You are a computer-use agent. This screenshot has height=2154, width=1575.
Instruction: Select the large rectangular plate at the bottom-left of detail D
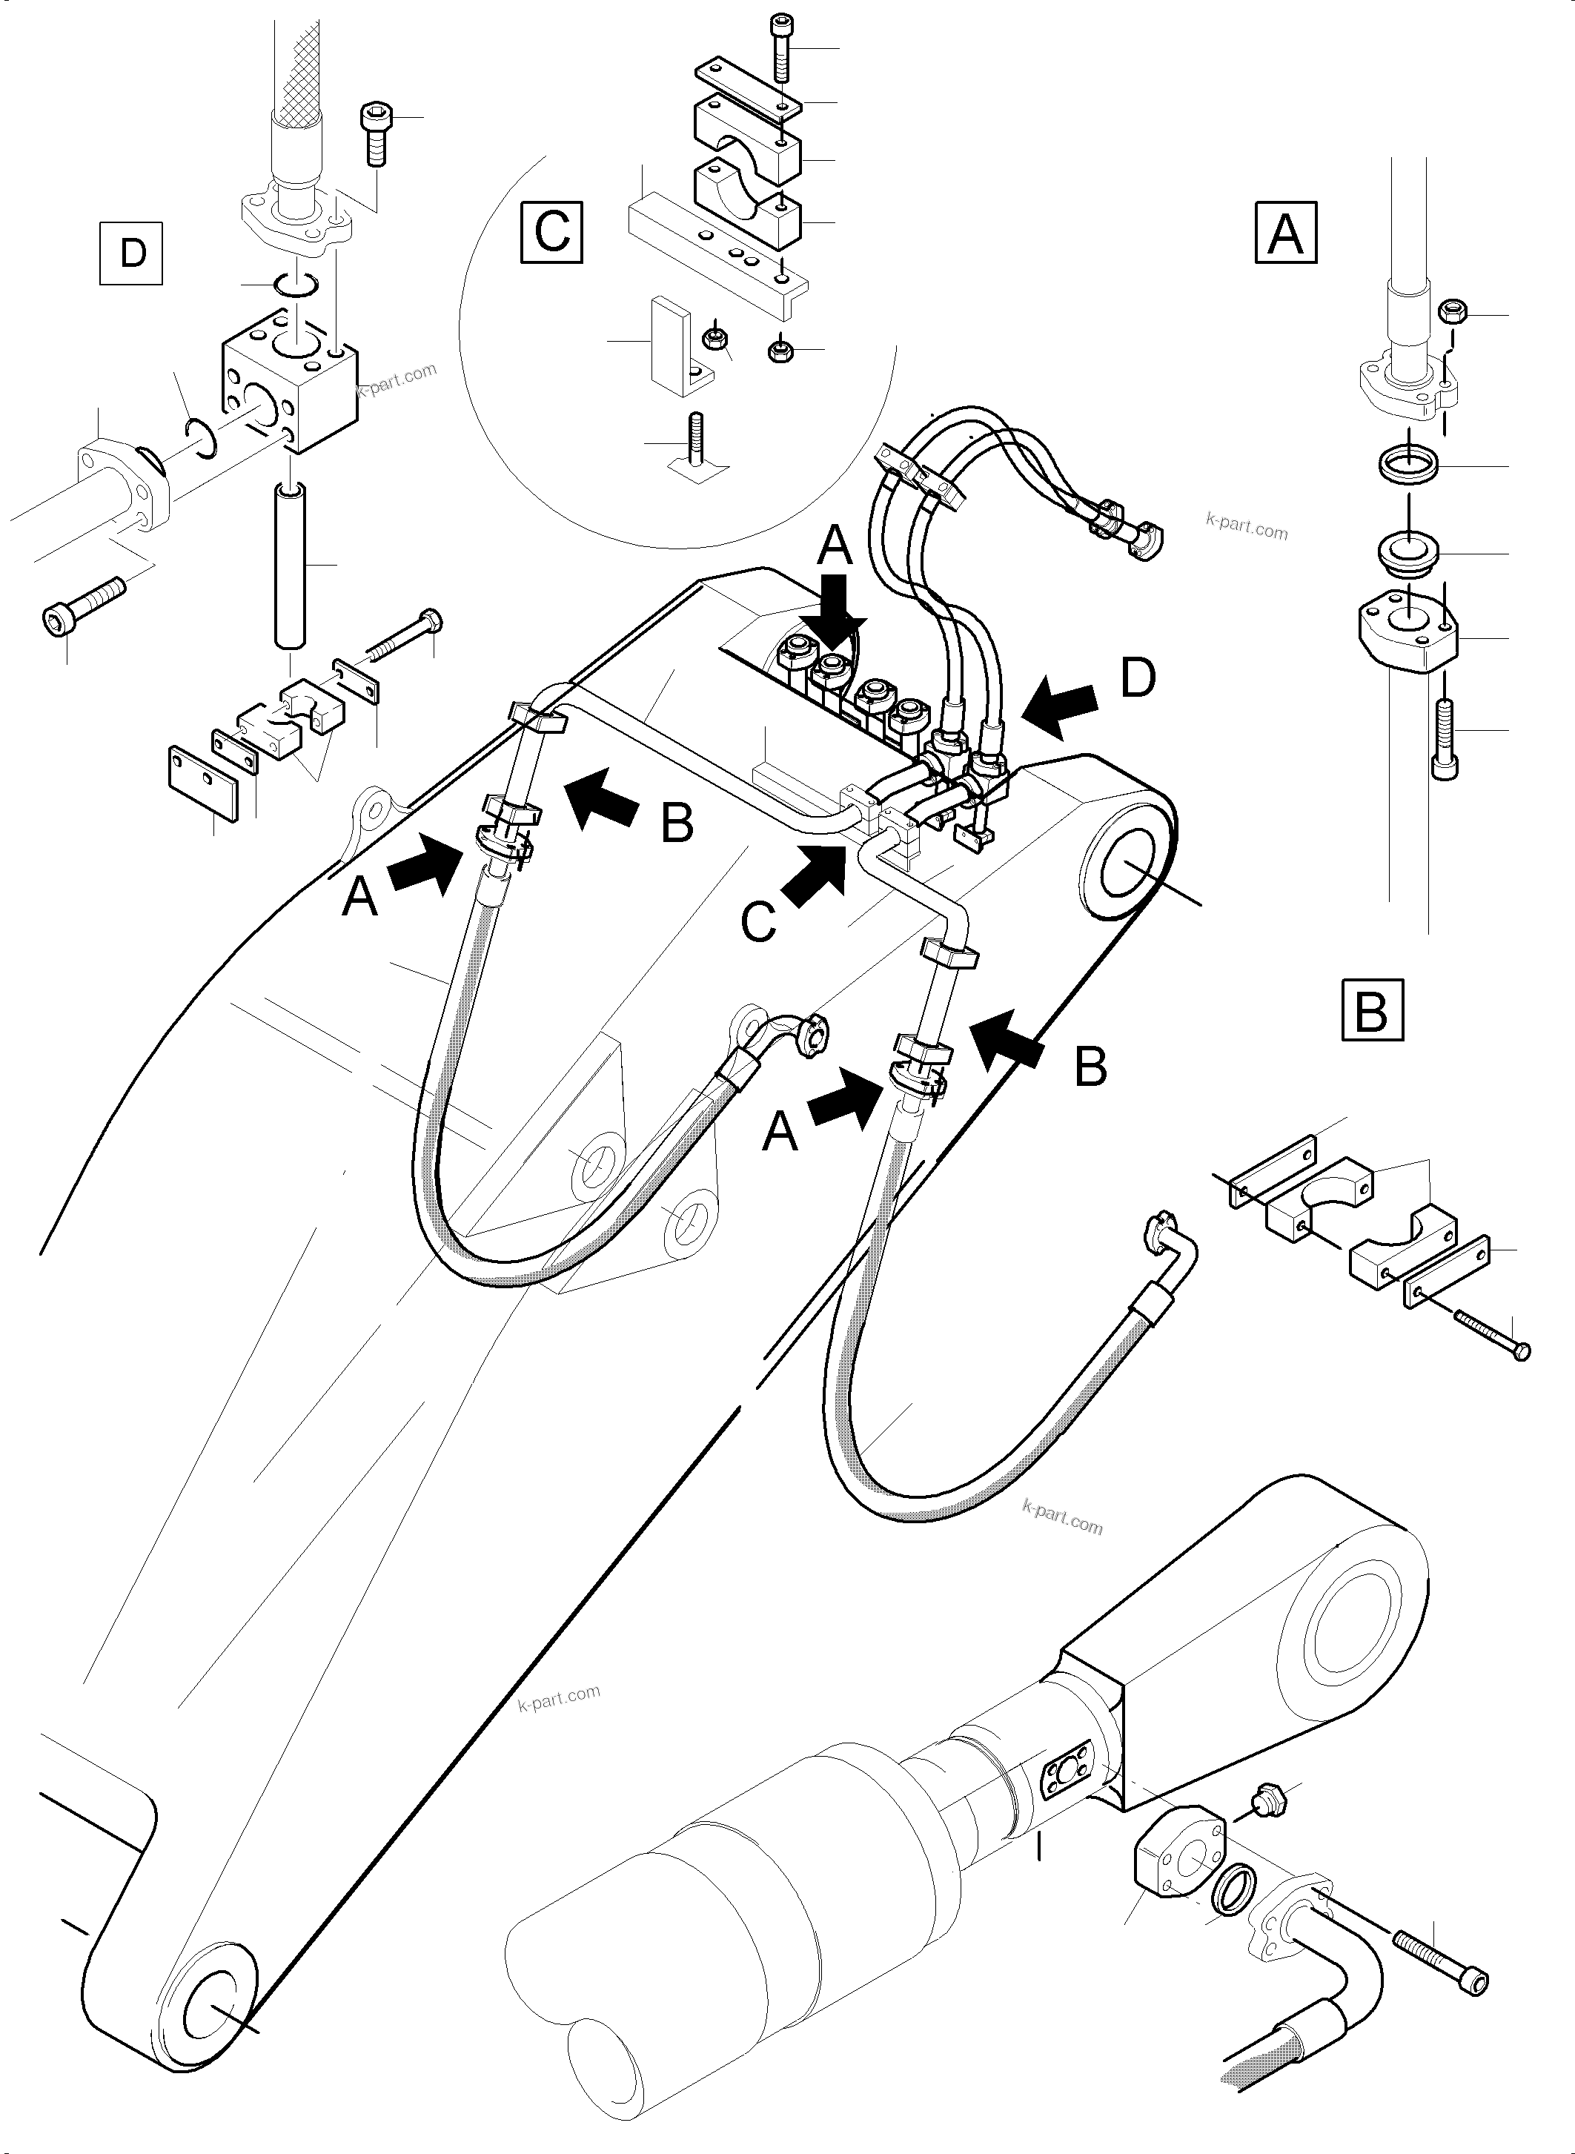pyautogui.click(x=207, y=781)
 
